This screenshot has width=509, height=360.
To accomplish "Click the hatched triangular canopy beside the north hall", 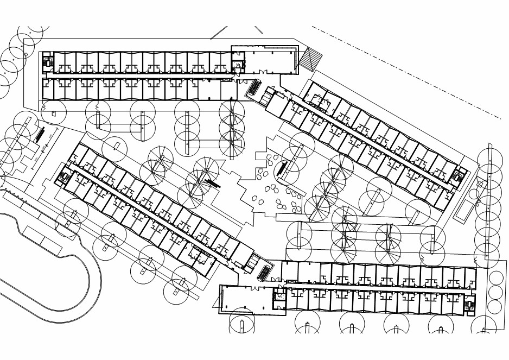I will tap(309, 58).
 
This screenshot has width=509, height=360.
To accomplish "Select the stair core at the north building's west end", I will tap(48, 62).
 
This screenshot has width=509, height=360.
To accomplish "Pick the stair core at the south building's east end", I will tap(469, 305).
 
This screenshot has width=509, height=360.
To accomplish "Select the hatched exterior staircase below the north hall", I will tap(253, 87).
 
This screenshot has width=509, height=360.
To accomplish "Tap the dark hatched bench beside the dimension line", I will tap(40, 134).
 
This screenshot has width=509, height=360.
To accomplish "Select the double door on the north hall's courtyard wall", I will tap(263, 72).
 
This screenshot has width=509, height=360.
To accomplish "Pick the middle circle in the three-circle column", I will tap(495, 293).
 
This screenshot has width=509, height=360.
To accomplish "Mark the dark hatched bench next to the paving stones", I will tap(282, 167).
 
